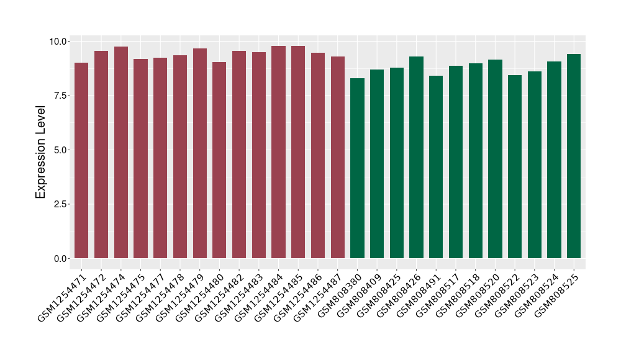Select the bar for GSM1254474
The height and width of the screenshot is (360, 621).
120,152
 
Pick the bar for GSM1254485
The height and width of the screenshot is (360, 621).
298,152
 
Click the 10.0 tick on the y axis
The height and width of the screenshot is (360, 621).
60,42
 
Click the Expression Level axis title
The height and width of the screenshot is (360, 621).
41,150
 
